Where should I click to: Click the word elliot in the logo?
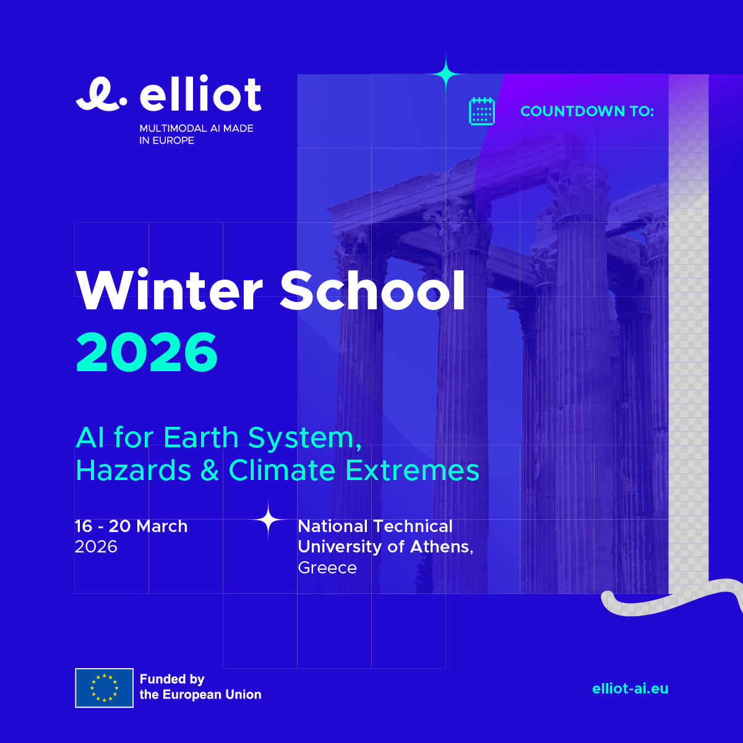pos(200,93)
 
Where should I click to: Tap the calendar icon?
pos(481,111)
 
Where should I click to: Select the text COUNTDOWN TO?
pos(587,111)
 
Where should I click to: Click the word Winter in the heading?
pos(170,290)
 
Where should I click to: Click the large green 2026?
pos(147,353)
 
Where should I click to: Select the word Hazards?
pos(134,470)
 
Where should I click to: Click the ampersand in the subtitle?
pos(210,470)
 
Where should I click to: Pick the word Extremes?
pos(412,470)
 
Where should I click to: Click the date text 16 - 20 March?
pos(131,526)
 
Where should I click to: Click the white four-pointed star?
pos(268,520)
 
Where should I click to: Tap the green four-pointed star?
pos(445,73)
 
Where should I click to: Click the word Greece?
pos(327,567)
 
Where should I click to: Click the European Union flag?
pos(104,688)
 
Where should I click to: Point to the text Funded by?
pos(172,679)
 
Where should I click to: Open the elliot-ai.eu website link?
pos(630,688)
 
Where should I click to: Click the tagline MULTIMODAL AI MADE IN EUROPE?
pos(196,134)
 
